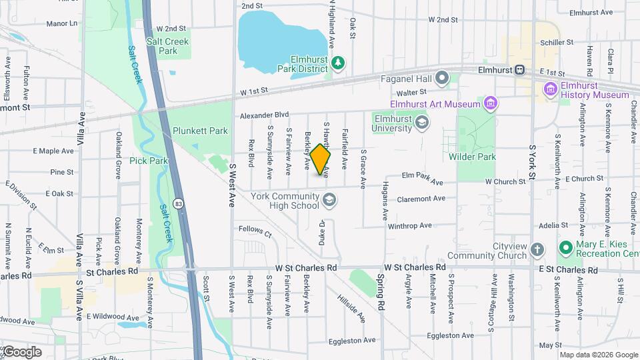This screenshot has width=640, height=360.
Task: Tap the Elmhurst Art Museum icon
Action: (x=491, y=103)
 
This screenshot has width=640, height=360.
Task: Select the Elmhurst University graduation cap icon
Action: (x=421, y=122)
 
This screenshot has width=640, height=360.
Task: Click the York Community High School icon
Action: (x=329, y=199)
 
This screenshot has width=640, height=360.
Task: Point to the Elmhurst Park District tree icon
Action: (x=339, y=63)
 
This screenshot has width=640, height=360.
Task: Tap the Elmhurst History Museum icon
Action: (x=551, y=89)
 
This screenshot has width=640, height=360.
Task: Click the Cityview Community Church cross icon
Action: (x=538, y=250)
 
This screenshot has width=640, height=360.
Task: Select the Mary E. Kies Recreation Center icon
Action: (x=566, y=249)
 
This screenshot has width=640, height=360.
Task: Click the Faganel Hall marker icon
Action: (x=442, y=79)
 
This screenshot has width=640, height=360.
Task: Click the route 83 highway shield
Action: (x=178, y=203)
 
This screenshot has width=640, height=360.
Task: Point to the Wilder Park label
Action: (x=491, y=157)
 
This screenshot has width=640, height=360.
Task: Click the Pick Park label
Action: (x=149, y=161)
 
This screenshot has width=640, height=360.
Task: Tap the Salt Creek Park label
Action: (x=168, y=46)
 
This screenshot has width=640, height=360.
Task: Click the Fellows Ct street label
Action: (x=255, y=233)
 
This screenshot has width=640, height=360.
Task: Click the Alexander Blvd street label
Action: (x=265, y=115)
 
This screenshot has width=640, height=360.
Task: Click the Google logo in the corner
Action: (x=21, y=352)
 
